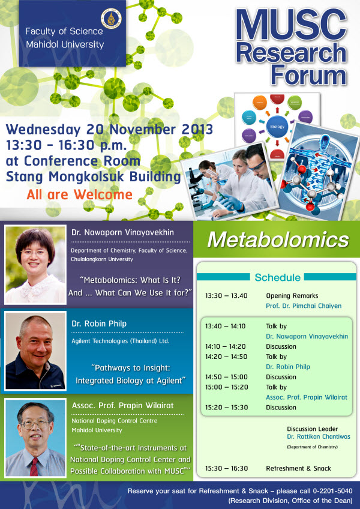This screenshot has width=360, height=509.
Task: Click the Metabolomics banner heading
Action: tap(278, 240)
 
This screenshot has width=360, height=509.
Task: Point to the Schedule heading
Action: tap(277, 277)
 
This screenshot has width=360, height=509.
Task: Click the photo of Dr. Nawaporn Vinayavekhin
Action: tap(35, 264)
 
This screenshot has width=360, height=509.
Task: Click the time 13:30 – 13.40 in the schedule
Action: tap(226, 296)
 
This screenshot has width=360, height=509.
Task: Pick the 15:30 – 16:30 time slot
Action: tap(226, 468)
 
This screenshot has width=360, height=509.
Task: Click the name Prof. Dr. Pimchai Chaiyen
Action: tap(304, 306)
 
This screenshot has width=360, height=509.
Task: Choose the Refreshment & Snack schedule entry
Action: tap(298, 468)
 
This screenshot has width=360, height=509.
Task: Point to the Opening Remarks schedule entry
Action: tap(292, 296)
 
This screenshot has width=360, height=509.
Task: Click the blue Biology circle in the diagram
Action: tap(277, 127)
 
